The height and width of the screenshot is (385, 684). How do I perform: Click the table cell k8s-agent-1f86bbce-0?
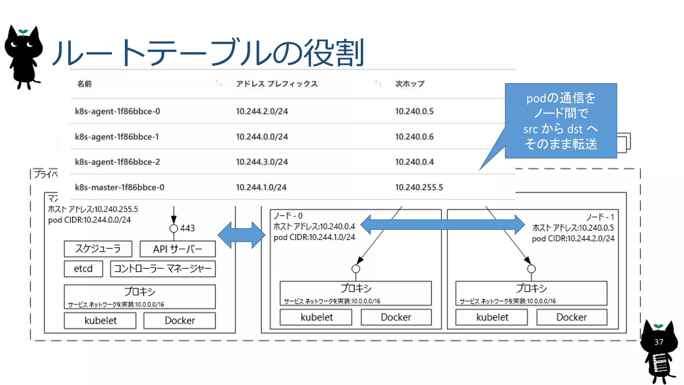tap(117, 111)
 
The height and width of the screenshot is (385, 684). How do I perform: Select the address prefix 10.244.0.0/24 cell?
tap(262, 137)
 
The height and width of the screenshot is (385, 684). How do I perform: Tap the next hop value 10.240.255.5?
tap(419, 187)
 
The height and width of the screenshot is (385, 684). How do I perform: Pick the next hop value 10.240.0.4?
tap(414, 162)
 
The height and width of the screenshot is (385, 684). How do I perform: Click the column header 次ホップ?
tap(409, 84)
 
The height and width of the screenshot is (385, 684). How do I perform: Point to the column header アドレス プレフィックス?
tap(277, 84)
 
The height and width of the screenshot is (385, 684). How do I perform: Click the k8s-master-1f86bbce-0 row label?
tap(120, 187)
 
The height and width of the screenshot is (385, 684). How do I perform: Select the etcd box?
tap(83, 269)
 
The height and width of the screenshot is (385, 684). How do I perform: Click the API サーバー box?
tap(177, 249)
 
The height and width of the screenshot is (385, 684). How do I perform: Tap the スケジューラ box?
tap(98, 249)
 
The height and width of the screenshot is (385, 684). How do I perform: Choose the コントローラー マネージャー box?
tap(163, 269)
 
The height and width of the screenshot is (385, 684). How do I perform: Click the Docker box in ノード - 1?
tap(571, 317)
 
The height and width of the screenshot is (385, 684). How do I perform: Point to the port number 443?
tap(187, 228)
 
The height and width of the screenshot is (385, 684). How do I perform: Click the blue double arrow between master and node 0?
tap(241, 235)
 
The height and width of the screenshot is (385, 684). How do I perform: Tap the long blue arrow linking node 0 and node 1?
tap(443, 224)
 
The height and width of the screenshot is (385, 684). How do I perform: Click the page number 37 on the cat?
tap(659, 342)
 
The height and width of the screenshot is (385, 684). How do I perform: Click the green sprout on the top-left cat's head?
tap(23, 32)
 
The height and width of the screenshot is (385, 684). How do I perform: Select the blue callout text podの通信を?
tap(561, 98)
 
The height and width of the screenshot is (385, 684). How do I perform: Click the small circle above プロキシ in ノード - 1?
tap(531, 269)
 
